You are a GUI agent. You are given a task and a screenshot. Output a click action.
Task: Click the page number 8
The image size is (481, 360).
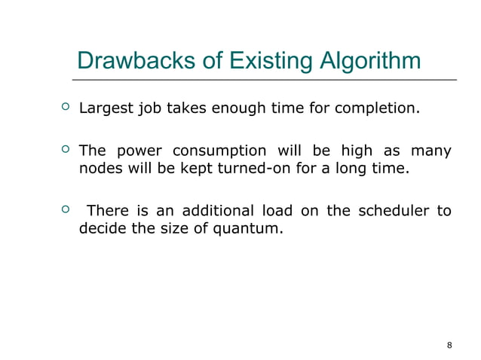click(x=449, y=345)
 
